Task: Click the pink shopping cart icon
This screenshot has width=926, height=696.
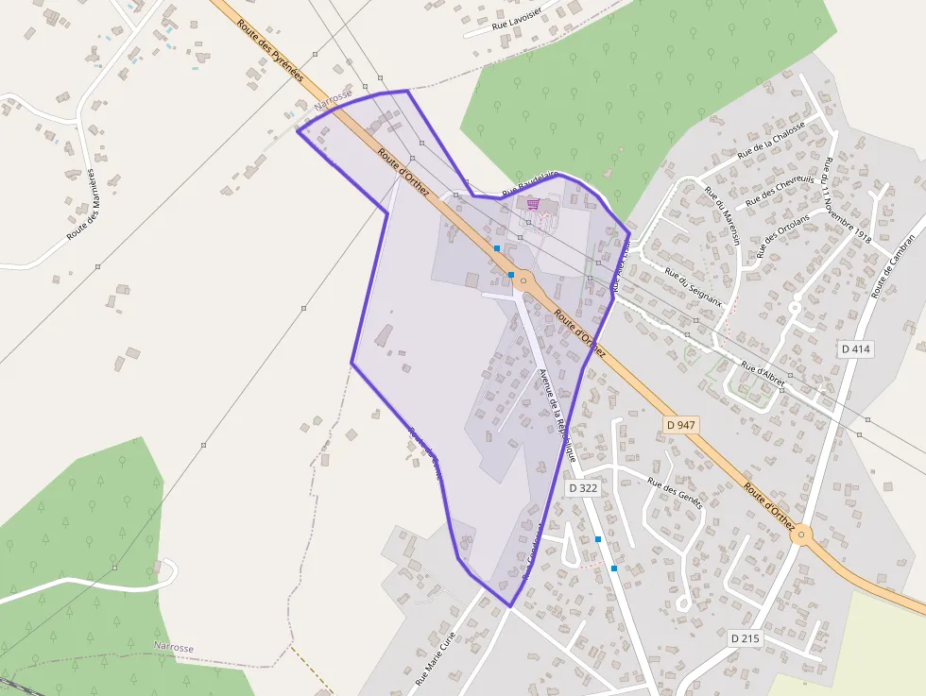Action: point(533,203)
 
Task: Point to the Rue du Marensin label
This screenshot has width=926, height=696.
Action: point(723,216)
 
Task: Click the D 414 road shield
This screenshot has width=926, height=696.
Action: point(855,348)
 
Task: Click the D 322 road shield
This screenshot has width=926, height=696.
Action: point(583,488)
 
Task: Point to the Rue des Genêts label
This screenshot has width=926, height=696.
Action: point(675,492)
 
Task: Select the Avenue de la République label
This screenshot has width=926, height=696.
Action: point(557,413)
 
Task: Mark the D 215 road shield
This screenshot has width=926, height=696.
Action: point(746,638)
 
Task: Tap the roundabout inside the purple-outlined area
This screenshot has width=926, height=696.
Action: point(523,280)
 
